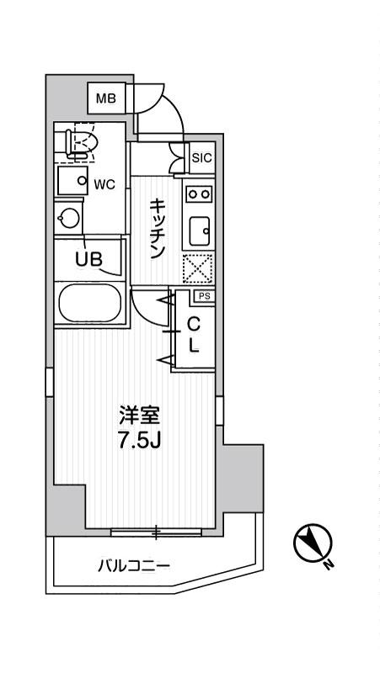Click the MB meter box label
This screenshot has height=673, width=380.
coord(106,99)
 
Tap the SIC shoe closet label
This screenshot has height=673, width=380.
coord(201,158)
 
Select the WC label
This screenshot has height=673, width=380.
coord(104,184)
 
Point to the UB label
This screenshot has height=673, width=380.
coord(89,259)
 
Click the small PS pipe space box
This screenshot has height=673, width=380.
coord(205,296)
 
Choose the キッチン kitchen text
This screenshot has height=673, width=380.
coord(157,229)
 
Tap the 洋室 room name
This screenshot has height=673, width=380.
coord(140,416)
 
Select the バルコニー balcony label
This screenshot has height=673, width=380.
coord(134,566)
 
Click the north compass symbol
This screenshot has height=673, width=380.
coord(313,543)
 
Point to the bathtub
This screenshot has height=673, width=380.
coord(90,304)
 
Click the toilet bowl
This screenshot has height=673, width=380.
coord(83,142)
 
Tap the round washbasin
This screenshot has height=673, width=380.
coord(69,219)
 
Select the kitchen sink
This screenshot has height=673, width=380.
coord(200,232)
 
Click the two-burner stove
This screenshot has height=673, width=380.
coord(198,194)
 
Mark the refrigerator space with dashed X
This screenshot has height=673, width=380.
coord(198,268)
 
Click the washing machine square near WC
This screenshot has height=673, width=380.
coord(72,181)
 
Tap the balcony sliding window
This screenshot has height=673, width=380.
coord(156,533)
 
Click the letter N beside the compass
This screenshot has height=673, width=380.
coord(329,564)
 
